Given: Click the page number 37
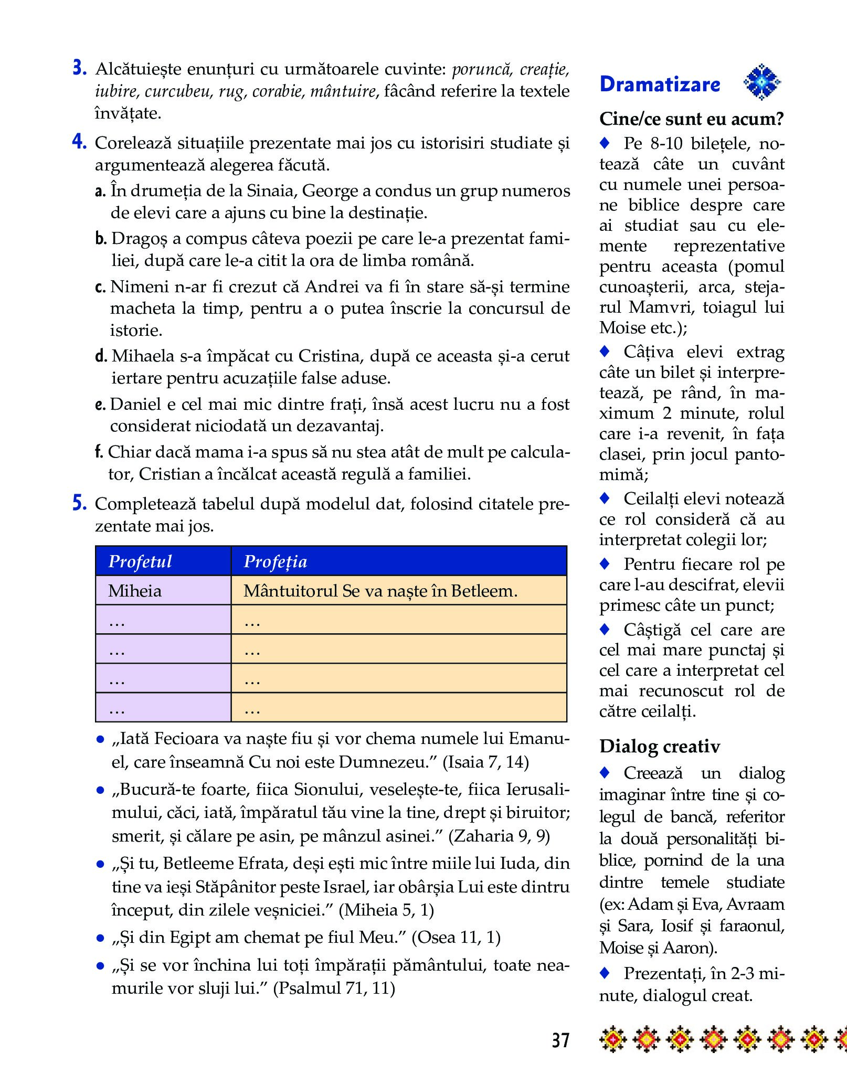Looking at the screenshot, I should pyautogui.click(x=560, y=1040).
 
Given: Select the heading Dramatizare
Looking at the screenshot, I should pyautogui.click(x=660, y=84).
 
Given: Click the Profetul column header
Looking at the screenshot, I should pyautogui.click(x=140, y=561).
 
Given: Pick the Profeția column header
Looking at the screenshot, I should pyautogui.click(x=276, y=561).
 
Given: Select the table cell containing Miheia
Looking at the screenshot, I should pyautogui.click(x=135, y=591).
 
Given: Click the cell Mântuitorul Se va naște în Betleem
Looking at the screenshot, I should pyautogui.click(x=380, y=591).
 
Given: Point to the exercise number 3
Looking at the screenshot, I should pyautogui.click(x=79, y=69).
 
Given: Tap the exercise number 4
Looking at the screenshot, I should pyautogui.click(x=79, y=143).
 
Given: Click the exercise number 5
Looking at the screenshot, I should pyautogui.click(x=79, y=504).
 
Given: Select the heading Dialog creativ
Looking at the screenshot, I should pyautogui.click(x=660, y=746).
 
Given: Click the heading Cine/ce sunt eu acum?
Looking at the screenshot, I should pyautogui.click(x=691, y=119).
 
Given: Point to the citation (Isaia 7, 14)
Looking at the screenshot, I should pyautogui.click(x=486, y=762).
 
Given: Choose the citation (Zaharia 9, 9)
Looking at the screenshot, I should pyautogui.click(x=499, y=836).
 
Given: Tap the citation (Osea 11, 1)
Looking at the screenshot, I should pyautogui.click(x=456, y=937).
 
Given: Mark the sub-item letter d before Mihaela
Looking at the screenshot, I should pyautogui.click(x=101, y=356).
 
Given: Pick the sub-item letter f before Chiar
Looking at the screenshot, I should pyautogui.click(x=99, y=452).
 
